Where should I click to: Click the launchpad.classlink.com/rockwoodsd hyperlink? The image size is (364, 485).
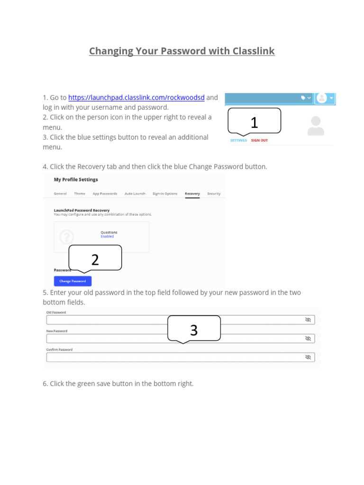(x=136, y=98)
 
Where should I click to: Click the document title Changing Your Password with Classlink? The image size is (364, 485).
(x=182, y=51)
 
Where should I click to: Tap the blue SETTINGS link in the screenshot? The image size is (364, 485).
(x=238, y=141)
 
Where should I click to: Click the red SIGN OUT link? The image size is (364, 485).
(x=259, y=141)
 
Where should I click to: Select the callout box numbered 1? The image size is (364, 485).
(x=254, y=121)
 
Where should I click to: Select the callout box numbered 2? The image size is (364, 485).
(x=95, y=258)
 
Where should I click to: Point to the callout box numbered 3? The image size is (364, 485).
(x=194, y=328)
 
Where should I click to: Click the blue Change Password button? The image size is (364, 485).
(x=73, y=281)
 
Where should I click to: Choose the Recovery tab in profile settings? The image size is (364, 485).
(x=192, y=194)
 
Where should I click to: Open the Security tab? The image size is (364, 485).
(x=214, y=194)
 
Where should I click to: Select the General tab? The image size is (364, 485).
(x=60, y=194)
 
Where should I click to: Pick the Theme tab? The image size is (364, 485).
(x=80, y=194)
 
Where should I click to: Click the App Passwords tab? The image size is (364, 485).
(x=105, y=194)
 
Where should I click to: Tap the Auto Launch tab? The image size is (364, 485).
(x=135, y=194)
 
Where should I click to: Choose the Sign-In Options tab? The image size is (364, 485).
(x=165, y=194)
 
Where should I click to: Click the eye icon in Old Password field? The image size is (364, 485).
(x=308, y=320)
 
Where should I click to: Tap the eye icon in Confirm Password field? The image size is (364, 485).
(x=308, y=357)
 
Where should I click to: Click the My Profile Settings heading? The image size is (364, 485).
(x=76, y=180)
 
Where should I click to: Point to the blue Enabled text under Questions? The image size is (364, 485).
(x=107, y=236)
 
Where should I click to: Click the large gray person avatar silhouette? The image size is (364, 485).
(x=316, y=126)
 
